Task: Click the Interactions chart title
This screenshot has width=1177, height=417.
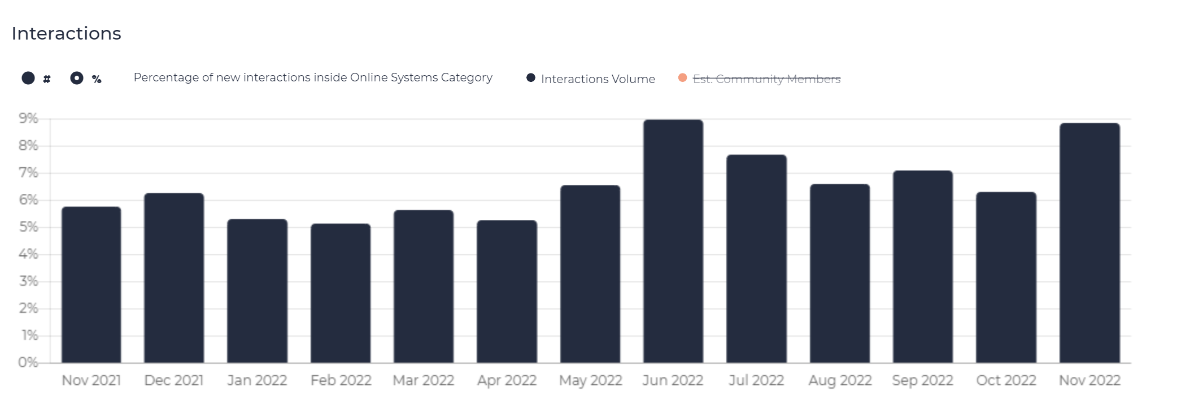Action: pyautogui.click(x=66, y=33)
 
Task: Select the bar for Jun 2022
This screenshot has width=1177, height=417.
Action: pyautogui.click(x=673, y=241)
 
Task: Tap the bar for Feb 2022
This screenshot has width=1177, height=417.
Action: pyautogui.click(x=341, y=293)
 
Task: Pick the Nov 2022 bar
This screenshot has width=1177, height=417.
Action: pyautogui.click(x=1089, y=243)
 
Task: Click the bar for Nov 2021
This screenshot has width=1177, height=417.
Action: pyautogui.click(x=91, y=285)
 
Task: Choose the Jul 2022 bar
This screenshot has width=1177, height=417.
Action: pyautogui.click(x=756, y=259)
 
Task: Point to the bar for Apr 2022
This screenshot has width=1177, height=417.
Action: pyautogui.click(x=507, y=292)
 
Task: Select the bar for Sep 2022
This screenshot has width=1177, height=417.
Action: pyautogui.click(x=923, y=267)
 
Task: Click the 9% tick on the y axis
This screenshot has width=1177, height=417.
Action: pyautogui.click(x=28, y=119)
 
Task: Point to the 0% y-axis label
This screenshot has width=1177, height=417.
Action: pyautogui.click(x=28, y=363)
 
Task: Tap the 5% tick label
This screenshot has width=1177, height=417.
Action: pyautogui.click(x=28, y=227)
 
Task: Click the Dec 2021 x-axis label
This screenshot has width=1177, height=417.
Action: pyautogui.click(x=174, y=380)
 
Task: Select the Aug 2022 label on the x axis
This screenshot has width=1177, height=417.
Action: pyautogui.click(x=840, y=381)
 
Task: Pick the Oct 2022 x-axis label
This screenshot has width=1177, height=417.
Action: pyautogui.click(x=1006, y=380)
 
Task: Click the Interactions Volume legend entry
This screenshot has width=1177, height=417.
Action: pyautogui.click(x=591, y=79)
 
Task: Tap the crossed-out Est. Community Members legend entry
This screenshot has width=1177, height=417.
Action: pyautogui.click(x=760, y=79)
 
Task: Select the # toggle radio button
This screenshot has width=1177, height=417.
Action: pyautogui.click(x=28, y=78)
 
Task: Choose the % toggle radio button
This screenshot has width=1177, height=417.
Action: pyautogui.click(x=77, y=78)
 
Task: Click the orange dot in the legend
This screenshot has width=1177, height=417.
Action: pyautogui.click(x=682, y=78)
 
